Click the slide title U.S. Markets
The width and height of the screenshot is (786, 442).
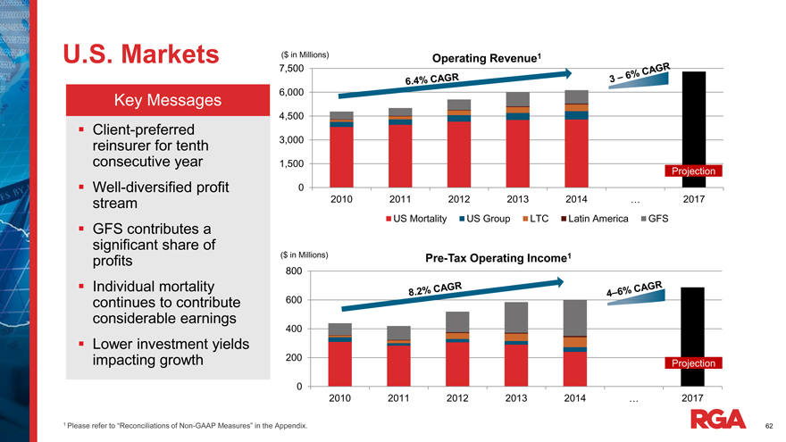click(141, 54)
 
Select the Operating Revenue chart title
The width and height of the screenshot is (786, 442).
click(488, 59)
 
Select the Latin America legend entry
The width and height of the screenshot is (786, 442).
click(594, 219)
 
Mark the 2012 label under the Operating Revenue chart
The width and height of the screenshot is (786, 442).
click(458, 199)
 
